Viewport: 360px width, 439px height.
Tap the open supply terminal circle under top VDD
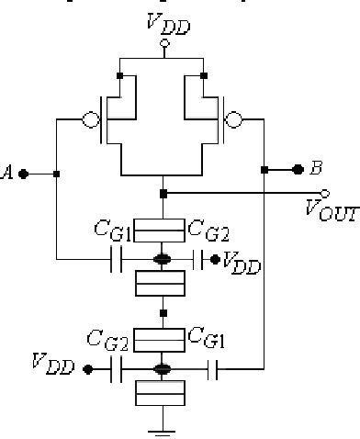pos(163,42)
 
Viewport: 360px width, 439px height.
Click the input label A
pos(9,172)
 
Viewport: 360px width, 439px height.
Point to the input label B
pos(316,168)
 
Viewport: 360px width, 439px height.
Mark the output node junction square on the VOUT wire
pos(163,193)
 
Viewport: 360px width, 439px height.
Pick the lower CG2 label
pos(107,341)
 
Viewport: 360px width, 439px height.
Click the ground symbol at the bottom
pos(163,426)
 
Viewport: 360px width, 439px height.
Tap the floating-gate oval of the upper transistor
pos(163,260)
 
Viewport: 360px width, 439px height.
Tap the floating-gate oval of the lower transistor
pos(163,369)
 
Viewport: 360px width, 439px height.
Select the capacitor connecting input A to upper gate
pos(117,260)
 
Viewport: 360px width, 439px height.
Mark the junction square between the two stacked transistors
pos(163,312)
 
